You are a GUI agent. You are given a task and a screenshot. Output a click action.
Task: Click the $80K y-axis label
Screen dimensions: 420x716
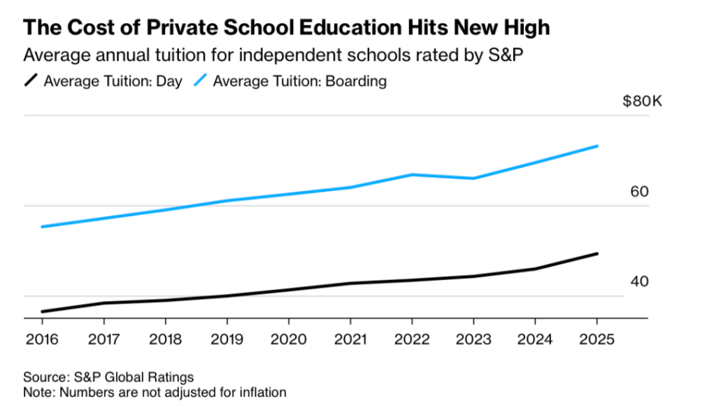(641, 101)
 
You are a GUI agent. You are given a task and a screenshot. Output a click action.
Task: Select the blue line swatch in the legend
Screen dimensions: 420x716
(201, 81)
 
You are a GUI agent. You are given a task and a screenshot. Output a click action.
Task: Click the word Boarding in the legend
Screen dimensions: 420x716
(359, 81)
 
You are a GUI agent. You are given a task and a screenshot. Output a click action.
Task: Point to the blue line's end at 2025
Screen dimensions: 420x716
(596, 146)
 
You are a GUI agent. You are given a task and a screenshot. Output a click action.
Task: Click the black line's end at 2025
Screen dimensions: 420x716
(596, 253)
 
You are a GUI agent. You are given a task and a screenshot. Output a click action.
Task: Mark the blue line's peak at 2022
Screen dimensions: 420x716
(411, 174)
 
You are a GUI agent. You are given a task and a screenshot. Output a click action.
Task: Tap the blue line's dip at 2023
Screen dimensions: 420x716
(473, 178)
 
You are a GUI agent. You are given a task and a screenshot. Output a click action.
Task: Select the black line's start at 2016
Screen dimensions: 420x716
(42, 311)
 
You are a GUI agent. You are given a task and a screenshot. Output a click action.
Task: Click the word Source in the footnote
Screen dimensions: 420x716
(43, 377)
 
